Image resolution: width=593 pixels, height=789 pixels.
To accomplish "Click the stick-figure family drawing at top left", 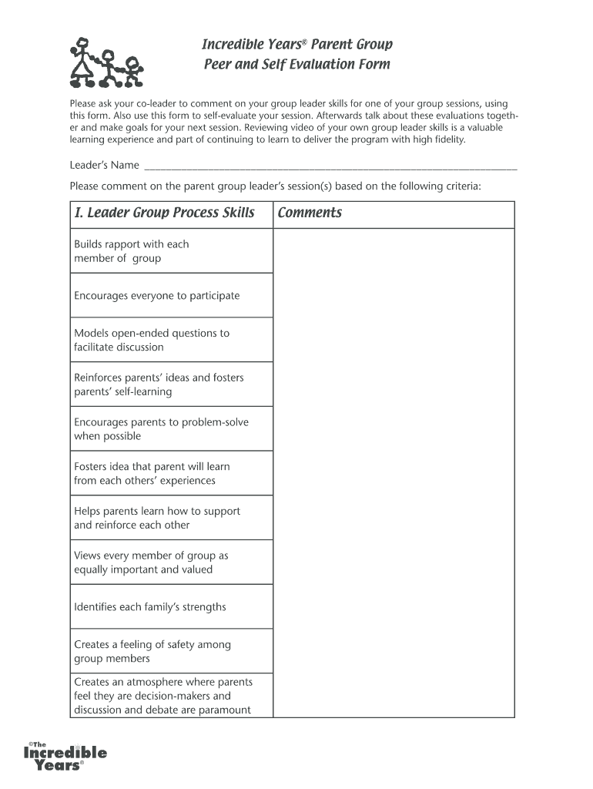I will [x=107, y=62].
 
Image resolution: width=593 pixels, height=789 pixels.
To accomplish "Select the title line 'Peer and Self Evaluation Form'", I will [x=296, y=65].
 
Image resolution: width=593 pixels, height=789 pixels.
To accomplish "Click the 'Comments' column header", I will [x=310, y=213].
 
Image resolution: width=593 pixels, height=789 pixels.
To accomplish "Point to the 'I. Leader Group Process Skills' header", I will [x=165, y=213].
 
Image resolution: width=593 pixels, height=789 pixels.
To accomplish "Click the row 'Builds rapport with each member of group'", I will [x=131, y=251].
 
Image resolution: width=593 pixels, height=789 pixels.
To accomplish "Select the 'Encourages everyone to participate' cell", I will [x=156, y=296].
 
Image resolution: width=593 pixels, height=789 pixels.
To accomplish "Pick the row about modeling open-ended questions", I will [x=152, y=340].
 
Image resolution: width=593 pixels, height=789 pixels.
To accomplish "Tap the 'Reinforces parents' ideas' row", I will [x=159, y=384].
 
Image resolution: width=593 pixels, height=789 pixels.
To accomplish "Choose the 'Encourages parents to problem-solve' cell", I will [x=161, y=429].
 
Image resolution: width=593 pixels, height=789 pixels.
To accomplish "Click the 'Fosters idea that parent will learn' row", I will [x=152, y=473].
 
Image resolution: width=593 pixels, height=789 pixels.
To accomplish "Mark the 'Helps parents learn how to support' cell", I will [x=157, y=518].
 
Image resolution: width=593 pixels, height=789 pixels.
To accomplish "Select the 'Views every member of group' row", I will [x=151, y=562].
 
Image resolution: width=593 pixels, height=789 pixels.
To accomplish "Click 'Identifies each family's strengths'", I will [x=150, y=607].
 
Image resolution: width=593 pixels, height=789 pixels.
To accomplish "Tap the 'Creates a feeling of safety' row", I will [x=152, y=651].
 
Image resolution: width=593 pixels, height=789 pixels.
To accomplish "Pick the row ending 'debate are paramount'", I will [x=162, y=696].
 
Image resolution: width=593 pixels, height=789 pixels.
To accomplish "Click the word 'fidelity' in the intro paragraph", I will [x=448, y=140].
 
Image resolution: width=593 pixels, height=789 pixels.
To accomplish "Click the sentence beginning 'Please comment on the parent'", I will [x=275, y=186].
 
